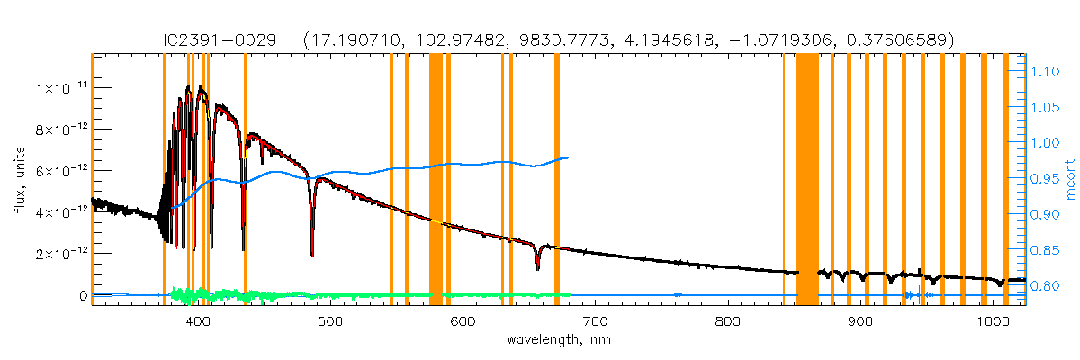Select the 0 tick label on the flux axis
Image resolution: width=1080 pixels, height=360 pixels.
click(x=82, y=295)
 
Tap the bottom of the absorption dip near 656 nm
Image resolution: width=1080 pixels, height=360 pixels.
click(x=537, y=268)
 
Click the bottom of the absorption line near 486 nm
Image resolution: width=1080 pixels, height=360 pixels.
click(x=312, y=255)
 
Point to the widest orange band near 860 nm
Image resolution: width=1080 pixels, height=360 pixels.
click(x=807, y=180)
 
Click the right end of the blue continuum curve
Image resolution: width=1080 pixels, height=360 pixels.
click(x=568, y=157)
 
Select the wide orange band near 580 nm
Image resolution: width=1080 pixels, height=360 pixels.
click(x=436, y=180)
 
